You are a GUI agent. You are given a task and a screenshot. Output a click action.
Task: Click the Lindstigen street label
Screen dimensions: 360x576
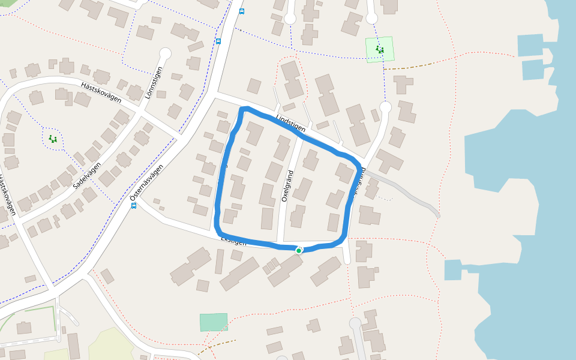pyautogui.click(x=291, y=123)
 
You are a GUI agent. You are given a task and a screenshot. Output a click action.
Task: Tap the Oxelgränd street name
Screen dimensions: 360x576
pyautogui.click(x=287, y=185)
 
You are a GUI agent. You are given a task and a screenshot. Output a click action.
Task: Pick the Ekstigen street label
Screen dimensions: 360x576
pyautogui.click(x=233, y=241)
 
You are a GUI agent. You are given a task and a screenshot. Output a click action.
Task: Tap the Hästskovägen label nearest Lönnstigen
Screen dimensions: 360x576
pyautogui.click(x=101, y=91)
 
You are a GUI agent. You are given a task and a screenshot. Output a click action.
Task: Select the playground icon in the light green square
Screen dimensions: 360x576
pyautogui.click(x=379, y=49)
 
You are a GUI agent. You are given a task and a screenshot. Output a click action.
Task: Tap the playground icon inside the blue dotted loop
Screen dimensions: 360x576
pyautogui.click(x=53, y=139)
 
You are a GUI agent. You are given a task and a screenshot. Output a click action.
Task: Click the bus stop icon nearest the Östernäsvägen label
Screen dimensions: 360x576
pyautogui.click(x=133, y=205)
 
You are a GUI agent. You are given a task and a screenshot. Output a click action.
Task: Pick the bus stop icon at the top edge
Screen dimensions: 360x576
pyautogui.click(x=241, y=11)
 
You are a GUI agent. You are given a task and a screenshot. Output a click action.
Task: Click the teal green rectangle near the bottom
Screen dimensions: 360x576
pyautogui.click(x=214, y=322)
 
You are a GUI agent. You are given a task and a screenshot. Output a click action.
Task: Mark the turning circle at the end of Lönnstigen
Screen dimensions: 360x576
pyautogui.click(x=165, y=54)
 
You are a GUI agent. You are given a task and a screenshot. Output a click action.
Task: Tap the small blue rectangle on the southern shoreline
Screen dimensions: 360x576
pyautogui.click(x=453, y=270)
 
